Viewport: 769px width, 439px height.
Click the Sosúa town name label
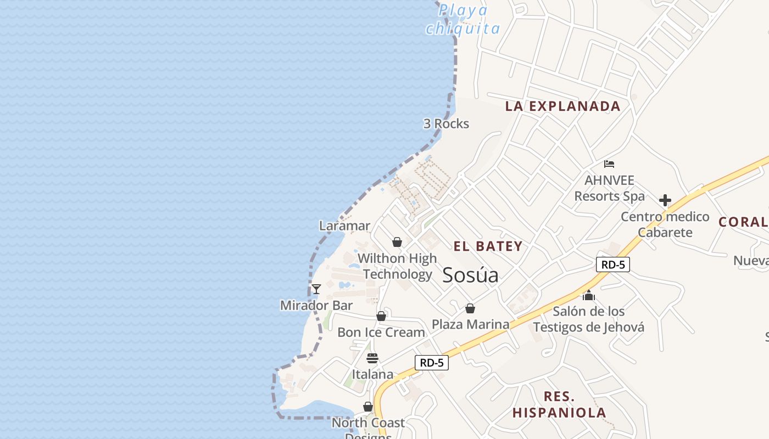[x=470, y=275]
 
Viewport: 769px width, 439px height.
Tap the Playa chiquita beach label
[x=463, y=19]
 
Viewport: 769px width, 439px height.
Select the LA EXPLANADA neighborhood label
[x=562, y=106]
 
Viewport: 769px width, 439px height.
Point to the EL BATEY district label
[x=488, y=246]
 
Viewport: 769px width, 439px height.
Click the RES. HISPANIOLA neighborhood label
[x=559, y=404]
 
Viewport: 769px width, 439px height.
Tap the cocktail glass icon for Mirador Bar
[x=316, y=289]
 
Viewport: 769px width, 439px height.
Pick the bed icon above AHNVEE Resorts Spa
[x=609, y=164]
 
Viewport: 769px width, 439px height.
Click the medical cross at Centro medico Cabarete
[x=665, y=200]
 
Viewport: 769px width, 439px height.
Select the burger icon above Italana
[x=372, y=358]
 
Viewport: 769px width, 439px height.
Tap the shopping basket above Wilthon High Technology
[x=397, y=242]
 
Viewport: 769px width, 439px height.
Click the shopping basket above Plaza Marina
[x=470, y=308]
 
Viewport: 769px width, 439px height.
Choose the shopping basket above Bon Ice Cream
[x=381, y=316]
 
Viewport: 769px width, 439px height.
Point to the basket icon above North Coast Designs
[x=368, y=407]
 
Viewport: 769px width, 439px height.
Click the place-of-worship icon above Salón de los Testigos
[x=589, y=295]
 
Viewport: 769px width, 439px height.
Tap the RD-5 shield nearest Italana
[x=432, y=362]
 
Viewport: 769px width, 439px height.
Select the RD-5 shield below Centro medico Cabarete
[x=612, y=264]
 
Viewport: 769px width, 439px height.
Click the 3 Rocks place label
[x=446, y=124]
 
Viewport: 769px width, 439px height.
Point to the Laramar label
[x=344, y=226]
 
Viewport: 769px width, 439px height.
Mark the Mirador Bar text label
[x=316, y=306]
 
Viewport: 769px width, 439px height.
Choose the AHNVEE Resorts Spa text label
[x=609, y=188]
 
